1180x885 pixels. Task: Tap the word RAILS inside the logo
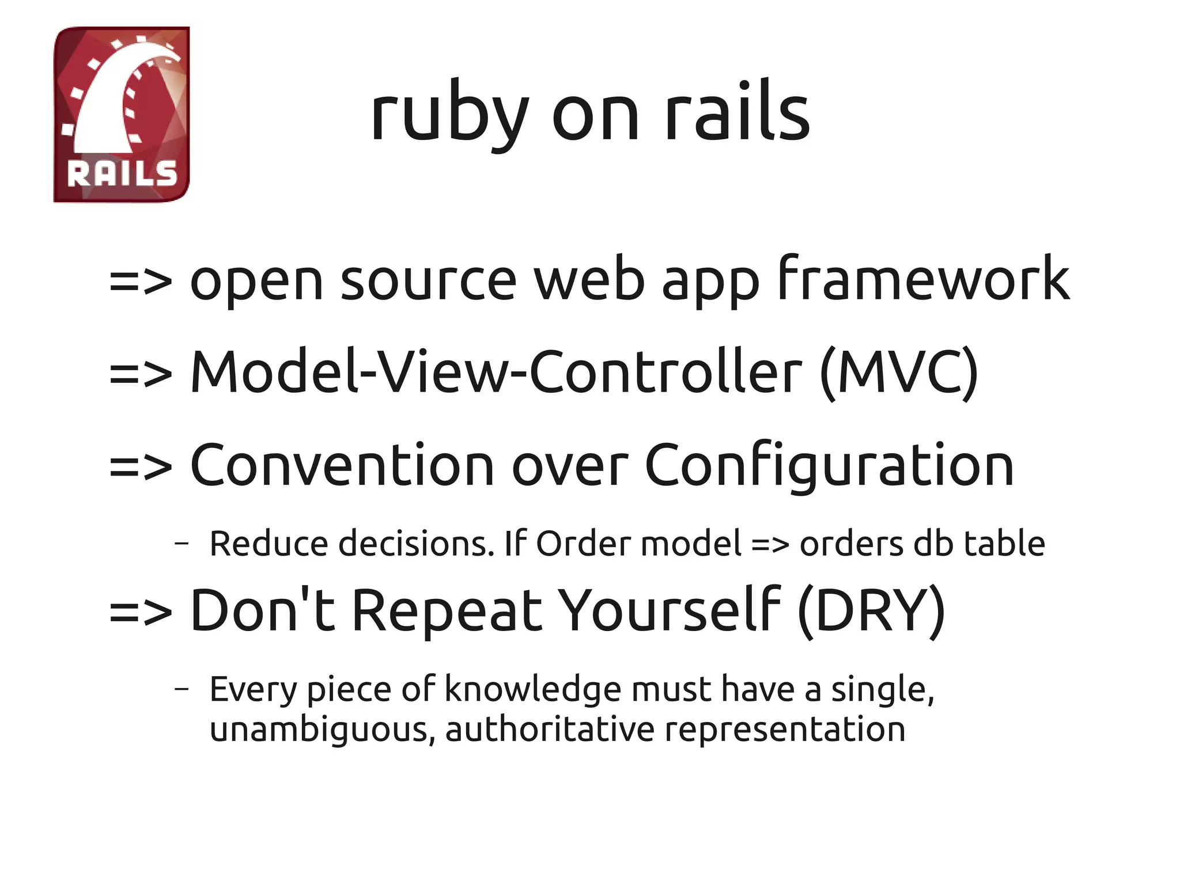(x=122, y=174)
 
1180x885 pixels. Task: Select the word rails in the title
(x=737, y=112)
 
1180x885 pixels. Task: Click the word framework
(x=924, y=279)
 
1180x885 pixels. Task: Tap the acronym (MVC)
(x=899, y=373)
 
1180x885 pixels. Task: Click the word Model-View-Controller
(x=496, y=373)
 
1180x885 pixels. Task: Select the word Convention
(x=342, y=465)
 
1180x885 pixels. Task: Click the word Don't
(x=262, y=610)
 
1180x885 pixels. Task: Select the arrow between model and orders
(x=770, y=545)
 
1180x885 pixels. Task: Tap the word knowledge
(x=533, y=690)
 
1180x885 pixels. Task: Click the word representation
(x=785, y=730)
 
